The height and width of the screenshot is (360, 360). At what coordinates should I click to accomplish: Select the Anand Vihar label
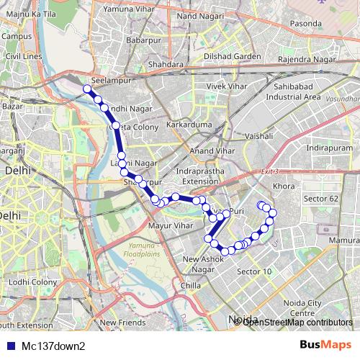(x=209, y=150)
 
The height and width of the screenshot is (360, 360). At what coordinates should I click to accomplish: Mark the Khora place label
(x=284, y=186)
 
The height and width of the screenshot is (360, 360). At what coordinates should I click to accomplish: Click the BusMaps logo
(x=325, y=346)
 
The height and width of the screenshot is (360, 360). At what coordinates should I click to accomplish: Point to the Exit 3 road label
(x=269, y=171)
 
